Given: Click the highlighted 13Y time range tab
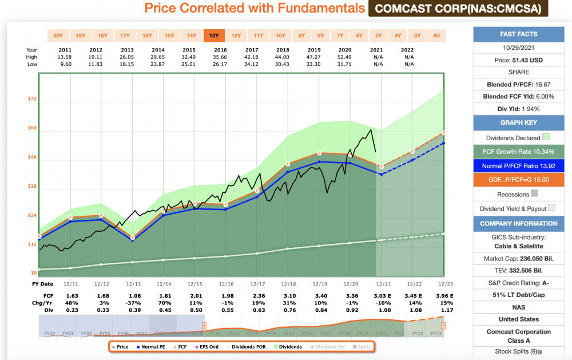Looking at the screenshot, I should [x=214, y=35].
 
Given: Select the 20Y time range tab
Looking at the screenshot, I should [x=58, y=35].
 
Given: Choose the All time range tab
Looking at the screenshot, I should [x=436, y=35].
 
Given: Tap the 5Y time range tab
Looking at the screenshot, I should [x=378, y=35].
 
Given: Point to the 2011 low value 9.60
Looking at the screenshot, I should [x=65, y=64].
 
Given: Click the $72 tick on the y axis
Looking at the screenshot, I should [x=33, y=99].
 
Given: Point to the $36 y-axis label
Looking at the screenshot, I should [x=33, y=187].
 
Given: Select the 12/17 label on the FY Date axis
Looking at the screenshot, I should [x=256, y=284].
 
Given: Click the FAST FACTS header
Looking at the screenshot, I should [x=518, y=34].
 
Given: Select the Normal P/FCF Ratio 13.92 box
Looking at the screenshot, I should [x=518, y=166].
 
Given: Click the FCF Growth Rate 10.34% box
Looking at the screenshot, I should [x=518, y=152].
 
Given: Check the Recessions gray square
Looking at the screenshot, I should [x=535, y=193].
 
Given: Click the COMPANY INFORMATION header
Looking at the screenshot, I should [x=518, y=223].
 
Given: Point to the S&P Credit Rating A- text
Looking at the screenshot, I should [x=518, y=282].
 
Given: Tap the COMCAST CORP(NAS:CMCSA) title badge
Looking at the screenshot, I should [x=458, y=9].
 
